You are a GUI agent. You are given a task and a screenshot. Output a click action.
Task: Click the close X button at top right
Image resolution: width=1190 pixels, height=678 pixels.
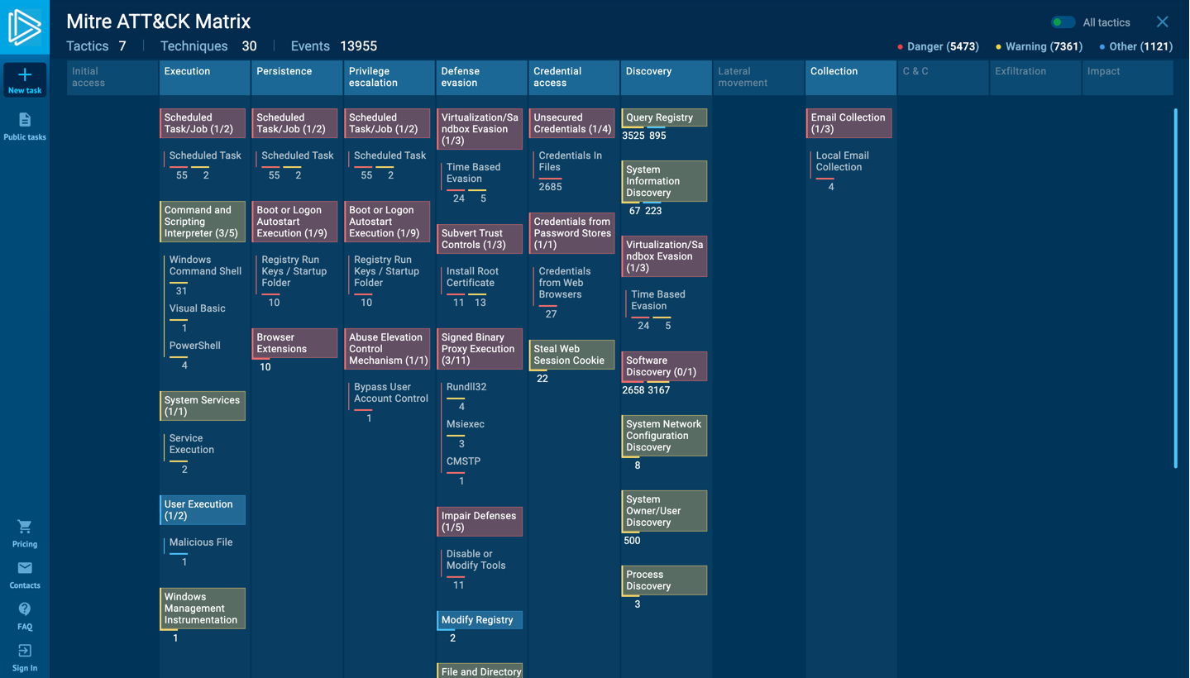click(x=1162, y=22)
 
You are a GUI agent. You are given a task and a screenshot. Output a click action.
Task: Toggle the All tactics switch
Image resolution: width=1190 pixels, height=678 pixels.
click(x=1063, y=22)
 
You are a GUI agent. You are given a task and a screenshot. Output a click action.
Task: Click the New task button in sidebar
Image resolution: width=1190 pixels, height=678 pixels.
click(x=25, y=80)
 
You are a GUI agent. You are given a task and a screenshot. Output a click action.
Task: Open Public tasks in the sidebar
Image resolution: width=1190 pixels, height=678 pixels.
click(x=25, y=127)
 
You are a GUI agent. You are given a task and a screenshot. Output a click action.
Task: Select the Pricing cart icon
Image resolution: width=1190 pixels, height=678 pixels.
click(x=25, y=528)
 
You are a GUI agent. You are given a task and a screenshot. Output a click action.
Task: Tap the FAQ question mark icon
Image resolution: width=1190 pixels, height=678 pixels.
click(x=25, y=609)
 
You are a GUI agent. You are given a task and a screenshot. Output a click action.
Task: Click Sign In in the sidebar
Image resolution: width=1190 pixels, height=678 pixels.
click(x=25, y=657)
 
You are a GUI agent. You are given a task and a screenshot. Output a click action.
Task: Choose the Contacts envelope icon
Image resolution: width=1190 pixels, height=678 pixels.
click(x=25, y=568)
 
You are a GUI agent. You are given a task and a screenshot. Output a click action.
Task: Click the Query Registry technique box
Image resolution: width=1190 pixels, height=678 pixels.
click(x=664, y=117)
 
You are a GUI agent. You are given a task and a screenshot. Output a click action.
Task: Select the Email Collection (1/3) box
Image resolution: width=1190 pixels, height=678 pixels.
click(x=848, y=123)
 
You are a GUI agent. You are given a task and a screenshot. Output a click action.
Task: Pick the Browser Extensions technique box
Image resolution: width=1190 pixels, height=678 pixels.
click(x=295, y=343)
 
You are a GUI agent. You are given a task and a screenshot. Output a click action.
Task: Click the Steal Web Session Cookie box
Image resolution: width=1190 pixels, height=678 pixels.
click(x=571, y=355)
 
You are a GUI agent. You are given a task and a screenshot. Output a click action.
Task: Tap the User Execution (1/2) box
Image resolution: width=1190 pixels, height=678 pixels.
click(x=203, y=510)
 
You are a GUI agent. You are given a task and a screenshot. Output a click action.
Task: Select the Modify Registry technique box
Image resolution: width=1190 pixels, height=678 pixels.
click(x=480, y=620)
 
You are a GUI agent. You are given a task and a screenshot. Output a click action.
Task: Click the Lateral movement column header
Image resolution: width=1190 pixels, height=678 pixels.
click(x=757, y=77)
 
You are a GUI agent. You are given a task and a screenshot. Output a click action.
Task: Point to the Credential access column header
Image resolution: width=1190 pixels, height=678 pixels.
click(x=572, y=77)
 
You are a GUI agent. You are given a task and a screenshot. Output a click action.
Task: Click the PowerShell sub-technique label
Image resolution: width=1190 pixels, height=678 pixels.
click(x=195, y=346)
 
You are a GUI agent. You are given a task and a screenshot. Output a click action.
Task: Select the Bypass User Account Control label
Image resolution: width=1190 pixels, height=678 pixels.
click(x=390, y=393)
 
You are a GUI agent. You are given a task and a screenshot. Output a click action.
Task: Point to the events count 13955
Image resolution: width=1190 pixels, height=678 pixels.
click(x=358, y=46)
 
